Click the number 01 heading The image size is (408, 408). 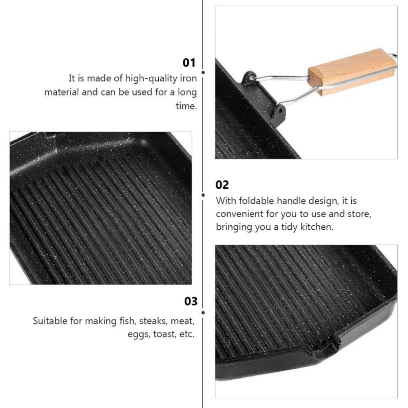(x=189, y=62)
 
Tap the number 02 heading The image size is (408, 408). (x=222, y=185)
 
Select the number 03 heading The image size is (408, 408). (x=191, y=301)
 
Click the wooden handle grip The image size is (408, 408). (x=352, y=72)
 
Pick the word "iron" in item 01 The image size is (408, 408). (x=188, y=78)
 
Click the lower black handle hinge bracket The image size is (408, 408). (x=279, y=110)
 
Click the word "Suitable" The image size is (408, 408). (x=50, y=321)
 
